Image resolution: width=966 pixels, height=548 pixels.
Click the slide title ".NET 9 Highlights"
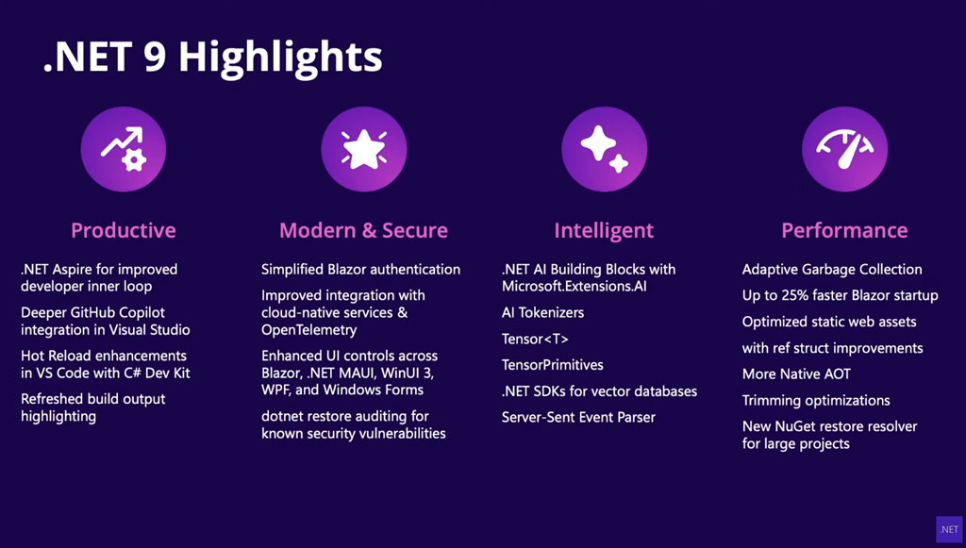(213, 58)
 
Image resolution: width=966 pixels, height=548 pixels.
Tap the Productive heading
(124, 230)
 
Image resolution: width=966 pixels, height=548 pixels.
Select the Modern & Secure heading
(363, 230)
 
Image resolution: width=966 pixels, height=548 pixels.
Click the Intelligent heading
(604, 231)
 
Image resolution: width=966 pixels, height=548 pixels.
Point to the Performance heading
(844, 230)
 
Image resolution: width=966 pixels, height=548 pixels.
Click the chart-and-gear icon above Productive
(124, 149)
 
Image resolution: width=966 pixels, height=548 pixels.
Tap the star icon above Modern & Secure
(363, 149)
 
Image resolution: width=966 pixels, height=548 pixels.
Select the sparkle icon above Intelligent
(605, 149)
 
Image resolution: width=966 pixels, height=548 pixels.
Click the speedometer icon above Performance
(844, 149)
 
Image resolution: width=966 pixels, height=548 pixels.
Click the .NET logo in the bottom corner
(949, 529)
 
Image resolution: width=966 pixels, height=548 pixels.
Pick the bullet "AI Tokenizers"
(542, 313)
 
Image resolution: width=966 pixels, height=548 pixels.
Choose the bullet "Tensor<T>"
(535, 339)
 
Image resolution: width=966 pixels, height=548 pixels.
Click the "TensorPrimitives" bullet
(553, 365)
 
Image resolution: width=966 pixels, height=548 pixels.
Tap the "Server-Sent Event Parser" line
(578, 418)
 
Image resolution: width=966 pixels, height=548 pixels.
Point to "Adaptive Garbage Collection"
(832, 270)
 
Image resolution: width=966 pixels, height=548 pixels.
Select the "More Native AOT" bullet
(796, 374)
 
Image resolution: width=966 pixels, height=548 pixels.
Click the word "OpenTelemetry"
(309, 330)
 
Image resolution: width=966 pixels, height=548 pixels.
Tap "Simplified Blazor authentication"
(360, 270)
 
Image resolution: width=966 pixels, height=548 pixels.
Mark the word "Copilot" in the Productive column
(142, 313)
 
